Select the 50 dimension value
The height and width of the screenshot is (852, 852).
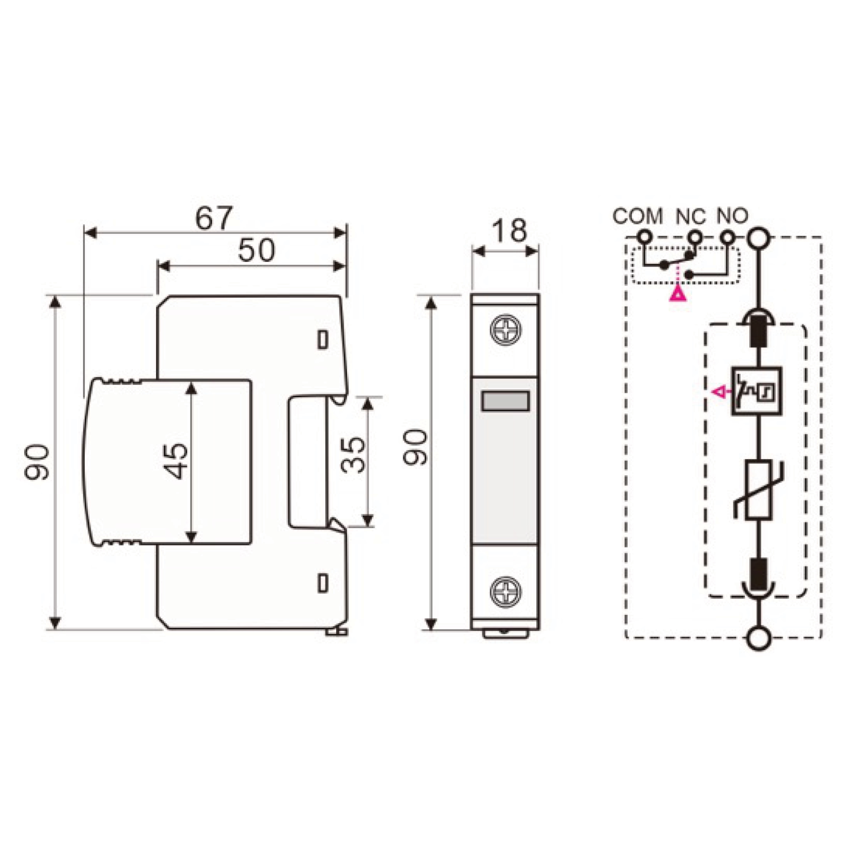click(256, 250)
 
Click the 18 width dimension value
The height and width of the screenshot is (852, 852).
click(509, 230)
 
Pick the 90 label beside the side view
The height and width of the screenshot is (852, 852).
click(37, 462)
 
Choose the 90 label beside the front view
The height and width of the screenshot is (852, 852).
click(416, 447)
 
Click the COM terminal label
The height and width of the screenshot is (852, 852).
click(638, 216)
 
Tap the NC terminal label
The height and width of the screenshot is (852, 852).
click(691, 216)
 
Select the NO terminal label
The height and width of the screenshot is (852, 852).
click(732, 215)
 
